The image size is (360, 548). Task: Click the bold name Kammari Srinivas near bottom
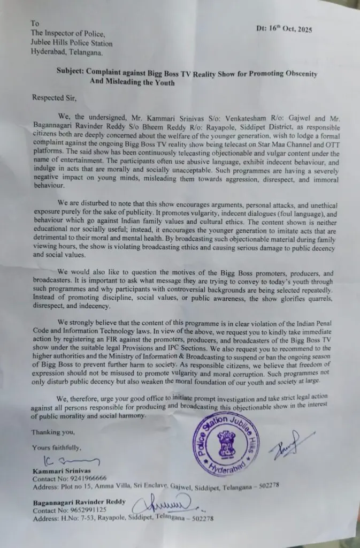[60, 470]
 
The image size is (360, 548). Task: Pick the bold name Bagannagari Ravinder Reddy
[79, 501]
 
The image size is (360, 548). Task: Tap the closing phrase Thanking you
[52, 431]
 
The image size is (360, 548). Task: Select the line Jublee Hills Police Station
[72, 43]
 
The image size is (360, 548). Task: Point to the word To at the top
[35, 23]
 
